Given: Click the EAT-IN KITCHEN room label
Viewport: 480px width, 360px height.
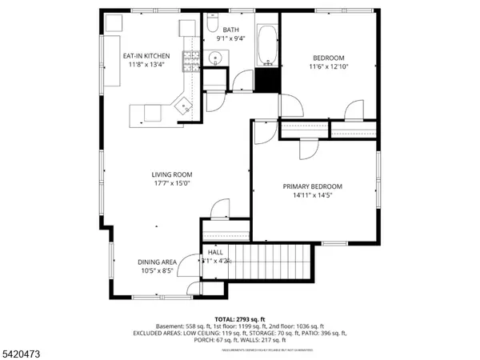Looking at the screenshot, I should [146, 56].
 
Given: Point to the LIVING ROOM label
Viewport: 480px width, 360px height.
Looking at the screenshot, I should [172, 174].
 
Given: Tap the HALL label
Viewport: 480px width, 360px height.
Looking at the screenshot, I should [215, 252].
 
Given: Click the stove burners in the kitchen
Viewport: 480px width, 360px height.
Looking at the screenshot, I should [192, 58].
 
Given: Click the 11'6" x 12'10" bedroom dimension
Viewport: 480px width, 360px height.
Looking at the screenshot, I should [328, 68].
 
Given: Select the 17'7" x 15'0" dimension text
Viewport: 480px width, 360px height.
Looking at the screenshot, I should [172, 184].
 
